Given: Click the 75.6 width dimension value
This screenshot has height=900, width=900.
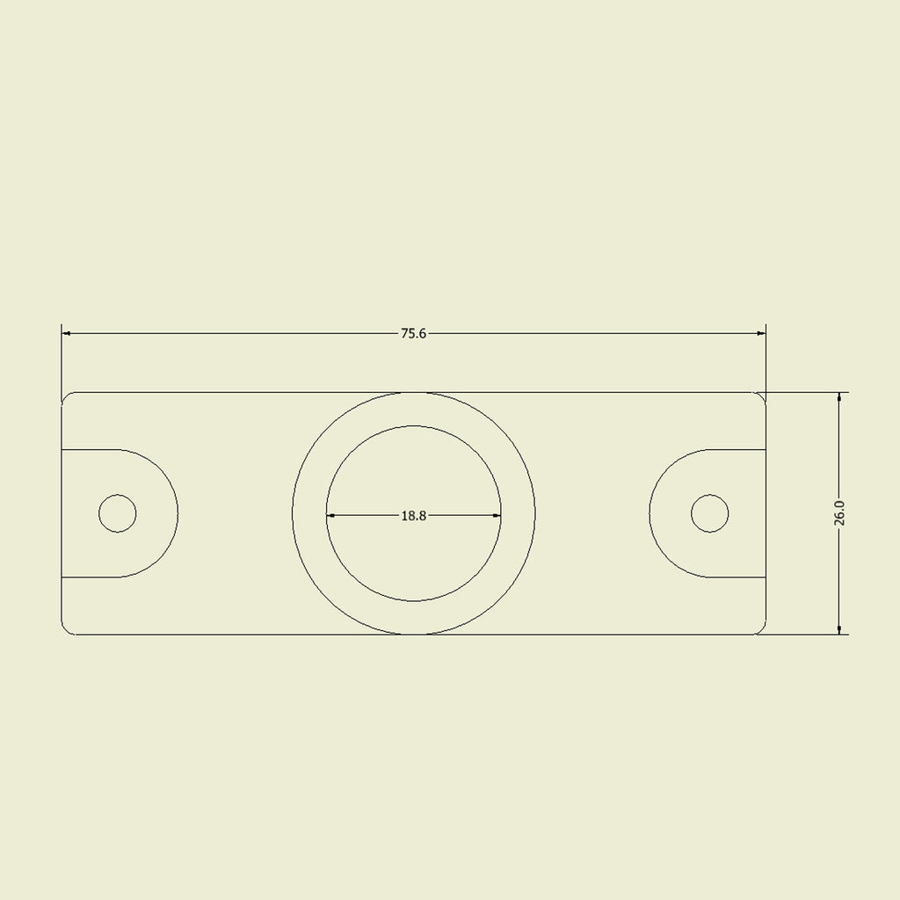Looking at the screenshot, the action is click(413, 333).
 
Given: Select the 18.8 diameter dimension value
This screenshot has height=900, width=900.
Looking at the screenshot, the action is click(413, 515).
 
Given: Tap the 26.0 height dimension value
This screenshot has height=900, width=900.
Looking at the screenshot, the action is click(839, 513).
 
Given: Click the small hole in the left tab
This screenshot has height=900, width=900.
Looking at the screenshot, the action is click(117, 513).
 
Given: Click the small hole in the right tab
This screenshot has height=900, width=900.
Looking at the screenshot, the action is click(709, 513).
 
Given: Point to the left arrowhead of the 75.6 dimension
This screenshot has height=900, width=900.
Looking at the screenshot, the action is click(65, 333).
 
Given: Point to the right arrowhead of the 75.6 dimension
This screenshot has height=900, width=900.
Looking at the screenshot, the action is click(762, 333).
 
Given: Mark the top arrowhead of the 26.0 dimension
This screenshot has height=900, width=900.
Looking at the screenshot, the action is click(839, 397).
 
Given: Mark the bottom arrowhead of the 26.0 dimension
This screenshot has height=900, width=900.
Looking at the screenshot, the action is click(839, 629).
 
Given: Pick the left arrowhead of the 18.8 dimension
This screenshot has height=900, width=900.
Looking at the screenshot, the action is click(330, 515).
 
